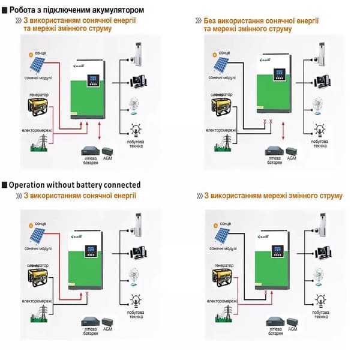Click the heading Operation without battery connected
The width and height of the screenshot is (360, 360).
pos(75,185)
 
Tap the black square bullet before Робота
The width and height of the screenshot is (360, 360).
pos(5,10)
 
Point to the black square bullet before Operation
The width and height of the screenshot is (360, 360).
pos(5,185)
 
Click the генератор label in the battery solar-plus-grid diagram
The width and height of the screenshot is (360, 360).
pos(38,95)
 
